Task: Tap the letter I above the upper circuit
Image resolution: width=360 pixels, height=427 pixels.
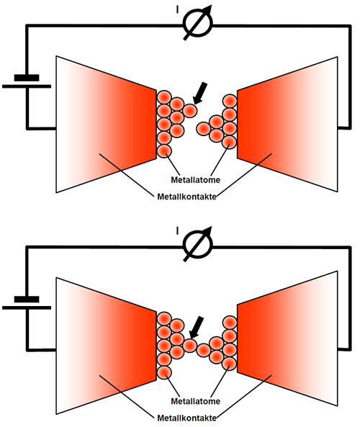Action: [178, 10]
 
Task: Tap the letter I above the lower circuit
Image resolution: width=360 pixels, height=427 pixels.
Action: [178, 231]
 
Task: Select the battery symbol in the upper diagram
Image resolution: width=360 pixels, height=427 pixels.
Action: [27, 81]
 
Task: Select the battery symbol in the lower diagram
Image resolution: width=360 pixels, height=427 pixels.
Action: [27, 303]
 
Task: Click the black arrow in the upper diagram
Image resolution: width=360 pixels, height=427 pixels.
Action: [200, 93]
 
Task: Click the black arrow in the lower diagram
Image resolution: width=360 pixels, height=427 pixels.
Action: [197, 327]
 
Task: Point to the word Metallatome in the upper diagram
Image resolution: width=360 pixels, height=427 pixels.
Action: [196, 180]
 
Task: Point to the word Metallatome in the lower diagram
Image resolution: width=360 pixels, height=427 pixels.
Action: [196, 401]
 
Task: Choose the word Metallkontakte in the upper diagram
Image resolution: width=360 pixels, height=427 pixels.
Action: [186, 197]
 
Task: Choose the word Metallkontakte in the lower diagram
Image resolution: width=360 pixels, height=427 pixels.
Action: [186, 418]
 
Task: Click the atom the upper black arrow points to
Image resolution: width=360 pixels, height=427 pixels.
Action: [190, 111]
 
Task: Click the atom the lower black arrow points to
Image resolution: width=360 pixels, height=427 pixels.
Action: [190, 346]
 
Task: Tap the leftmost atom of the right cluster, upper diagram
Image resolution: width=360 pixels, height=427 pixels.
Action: [204, 128]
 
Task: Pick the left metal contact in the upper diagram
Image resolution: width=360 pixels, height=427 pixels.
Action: [107, 124]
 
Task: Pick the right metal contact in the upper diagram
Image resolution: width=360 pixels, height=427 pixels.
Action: [287, 124]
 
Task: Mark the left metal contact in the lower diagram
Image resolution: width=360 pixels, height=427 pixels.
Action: [107, 346]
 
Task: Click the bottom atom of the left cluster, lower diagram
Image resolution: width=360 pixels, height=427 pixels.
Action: [164, 372]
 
